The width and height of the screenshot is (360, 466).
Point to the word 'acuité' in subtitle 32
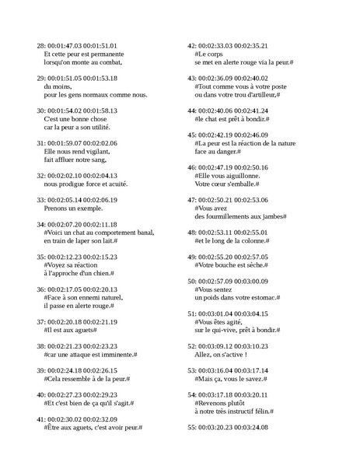[114, 184]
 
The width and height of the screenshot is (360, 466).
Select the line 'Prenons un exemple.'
[76, 209]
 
